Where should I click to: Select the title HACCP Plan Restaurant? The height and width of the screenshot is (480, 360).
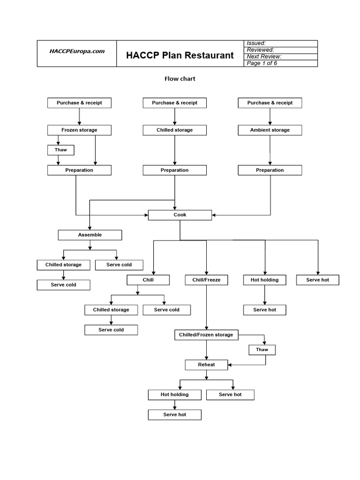point(180,55)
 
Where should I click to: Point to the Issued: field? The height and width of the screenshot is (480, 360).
point(281,43)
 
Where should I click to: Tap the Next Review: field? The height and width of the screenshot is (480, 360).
point(281,57)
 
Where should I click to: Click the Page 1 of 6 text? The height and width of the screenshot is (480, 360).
point(281,63)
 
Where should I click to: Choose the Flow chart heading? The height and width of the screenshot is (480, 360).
point(180,79)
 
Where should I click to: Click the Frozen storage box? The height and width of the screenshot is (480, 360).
point(79,130)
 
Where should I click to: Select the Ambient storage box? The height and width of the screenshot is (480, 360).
point(270,130)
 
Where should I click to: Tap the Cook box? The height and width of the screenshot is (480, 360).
point(180,215)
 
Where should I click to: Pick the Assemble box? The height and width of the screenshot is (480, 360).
point(90,235)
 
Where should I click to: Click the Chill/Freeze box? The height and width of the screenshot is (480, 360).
point(206,280)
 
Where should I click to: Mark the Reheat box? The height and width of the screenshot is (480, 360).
point(206,364)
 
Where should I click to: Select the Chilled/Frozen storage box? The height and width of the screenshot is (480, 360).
point(206,335)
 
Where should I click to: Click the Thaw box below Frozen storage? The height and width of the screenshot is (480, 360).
point(61,150)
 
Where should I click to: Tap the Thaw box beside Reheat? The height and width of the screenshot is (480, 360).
point(262,350)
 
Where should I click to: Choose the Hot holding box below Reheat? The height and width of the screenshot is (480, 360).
point(174,395)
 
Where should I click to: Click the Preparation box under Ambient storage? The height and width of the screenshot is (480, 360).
point(270,170)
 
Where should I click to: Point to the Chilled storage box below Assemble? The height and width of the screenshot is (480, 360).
point(63,265)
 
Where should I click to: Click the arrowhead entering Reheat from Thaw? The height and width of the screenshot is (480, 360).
point(230,364)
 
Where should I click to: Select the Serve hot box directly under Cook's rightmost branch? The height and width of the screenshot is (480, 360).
point(318,280)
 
